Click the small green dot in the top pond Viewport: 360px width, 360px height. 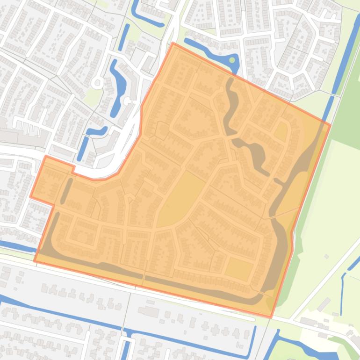pyautogui.click(x=232, y=60)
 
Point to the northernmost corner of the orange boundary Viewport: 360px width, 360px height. pyautogui.click(x=173, y=43)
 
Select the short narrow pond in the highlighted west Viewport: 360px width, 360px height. pyautogui.click(x=67, y=189)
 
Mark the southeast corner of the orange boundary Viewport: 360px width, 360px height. pyautogui.click(x=271, y=317)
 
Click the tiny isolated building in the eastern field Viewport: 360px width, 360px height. pyautogui.click(x=327, y=257)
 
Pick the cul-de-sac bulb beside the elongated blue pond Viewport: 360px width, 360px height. pyautogui.click(x=127, y=101)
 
